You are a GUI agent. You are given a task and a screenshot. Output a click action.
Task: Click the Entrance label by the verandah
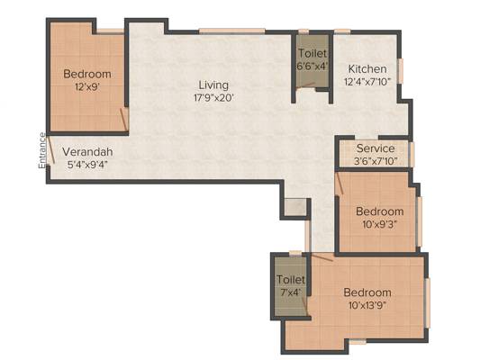click(x=42, y=150)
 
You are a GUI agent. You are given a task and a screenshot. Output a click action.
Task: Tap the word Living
click(x=213, y=85)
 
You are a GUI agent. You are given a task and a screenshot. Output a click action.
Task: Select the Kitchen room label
click(x=367, y=69)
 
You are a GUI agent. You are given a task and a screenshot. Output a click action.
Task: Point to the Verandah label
click(x=87, y=152)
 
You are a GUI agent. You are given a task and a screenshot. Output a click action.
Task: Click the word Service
click(x=376, y=148)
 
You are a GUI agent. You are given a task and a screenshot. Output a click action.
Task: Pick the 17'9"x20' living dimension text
click(x=213, y=98)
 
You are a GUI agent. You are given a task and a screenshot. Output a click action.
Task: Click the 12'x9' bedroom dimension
click(x=87, y=87)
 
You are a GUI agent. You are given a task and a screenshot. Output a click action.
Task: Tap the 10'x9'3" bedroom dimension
click(x=380, y=225)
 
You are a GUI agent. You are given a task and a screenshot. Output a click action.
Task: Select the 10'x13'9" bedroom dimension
click(x=367, y=305)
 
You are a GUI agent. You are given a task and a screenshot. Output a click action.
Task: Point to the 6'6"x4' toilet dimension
click(x=312, y=67)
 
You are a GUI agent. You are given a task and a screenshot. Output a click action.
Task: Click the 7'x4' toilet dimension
click(x=291, y=292)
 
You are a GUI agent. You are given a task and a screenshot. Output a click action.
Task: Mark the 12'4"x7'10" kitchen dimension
click(x=367, y=82)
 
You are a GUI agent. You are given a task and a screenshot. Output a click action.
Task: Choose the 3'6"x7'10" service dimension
click(x=376, y=161)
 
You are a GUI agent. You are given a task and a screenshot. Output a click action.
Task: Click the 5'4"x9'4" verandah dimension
click(x=87, y=165)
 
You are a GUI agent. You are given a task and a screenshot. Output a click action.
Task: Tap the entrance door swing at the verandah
click(x=50, y=149)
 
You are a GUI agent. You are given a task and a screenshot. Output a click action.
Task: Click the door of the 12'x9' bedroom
click(x=123, y=119)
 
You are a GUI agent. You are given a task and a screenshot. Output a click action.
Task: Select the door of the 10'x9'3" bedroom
click(x=340, y=183)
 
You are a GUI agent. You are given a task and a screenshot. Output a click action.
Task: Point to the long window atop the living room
click(x=232, y=31)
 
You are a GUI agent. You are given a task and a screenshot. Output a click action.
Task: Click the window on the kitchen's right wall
click(x=400, y=71)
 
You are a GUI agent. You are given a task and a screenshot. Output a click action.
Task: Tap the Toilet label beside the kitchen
click(x=312, y=53)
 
